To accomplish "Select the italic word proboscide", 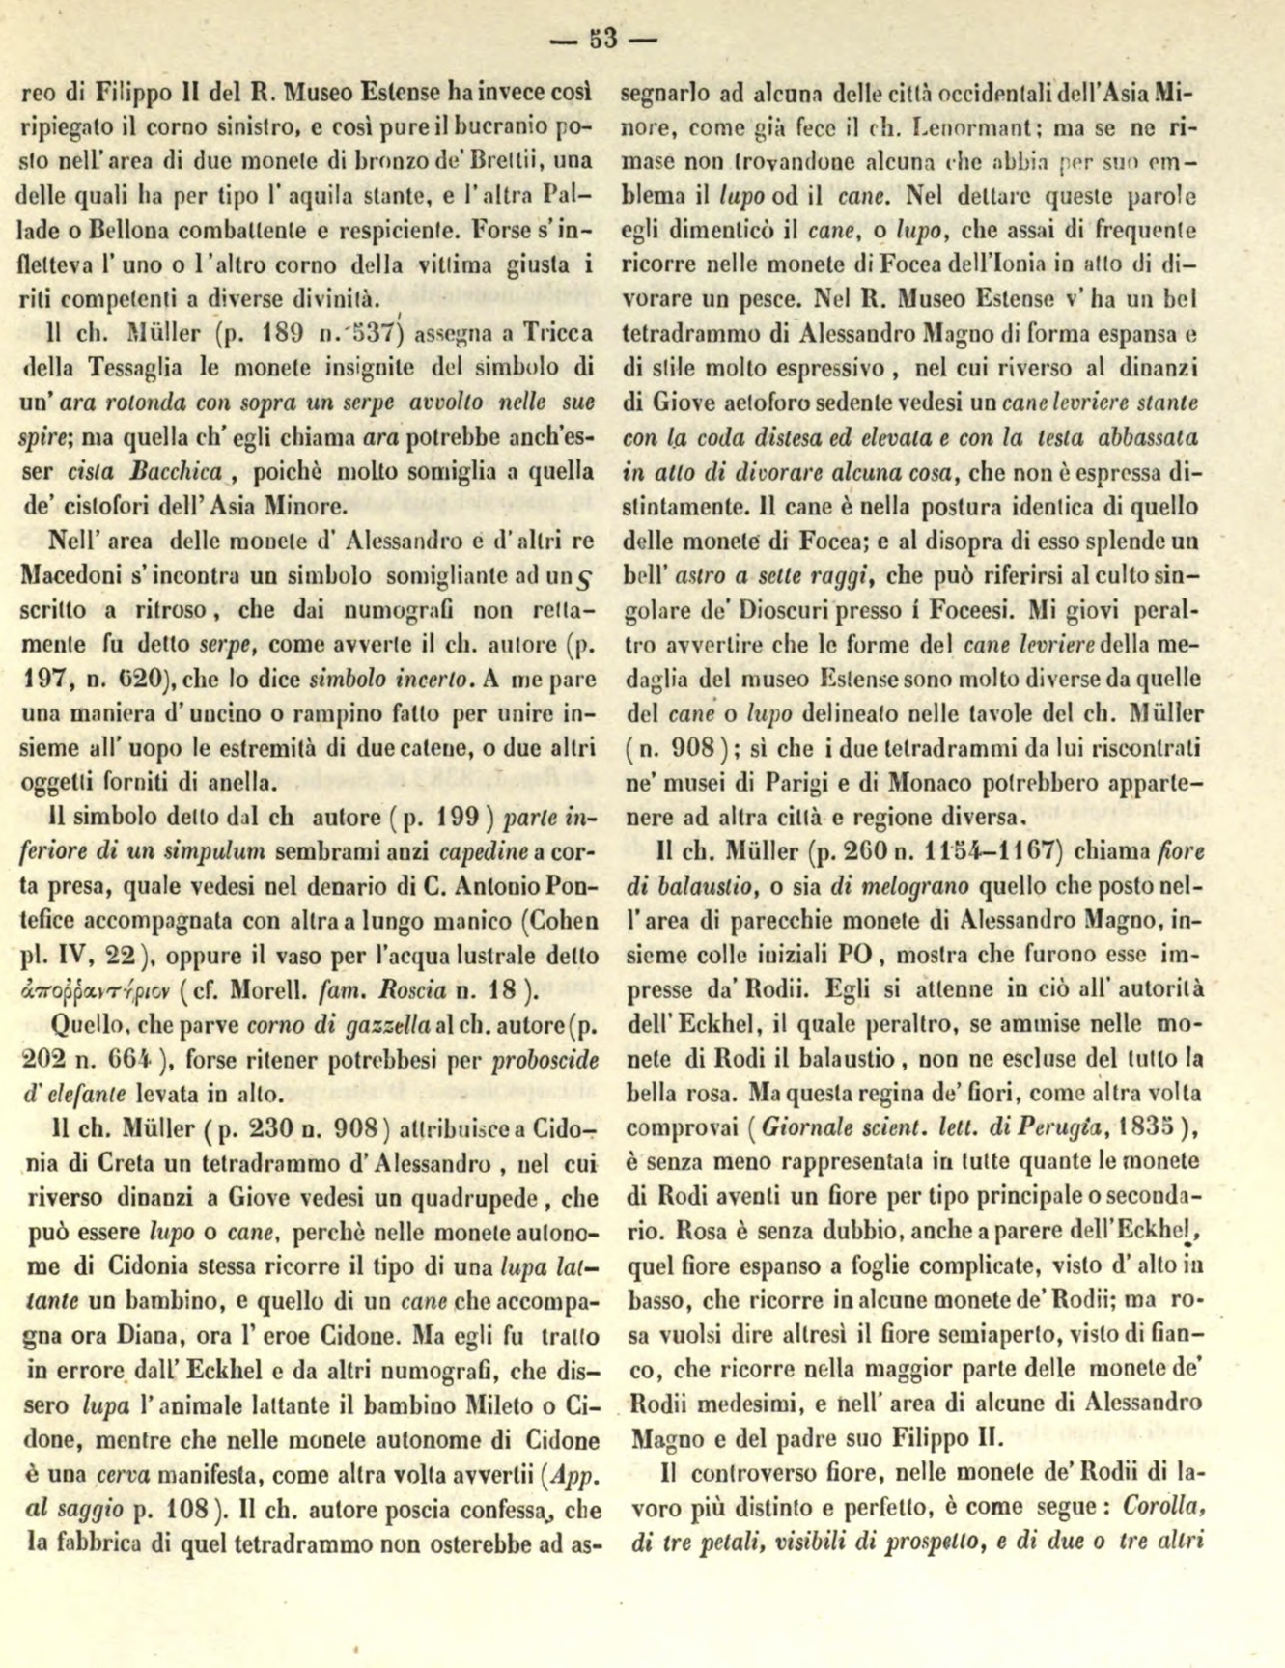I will pos(545,1059).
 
